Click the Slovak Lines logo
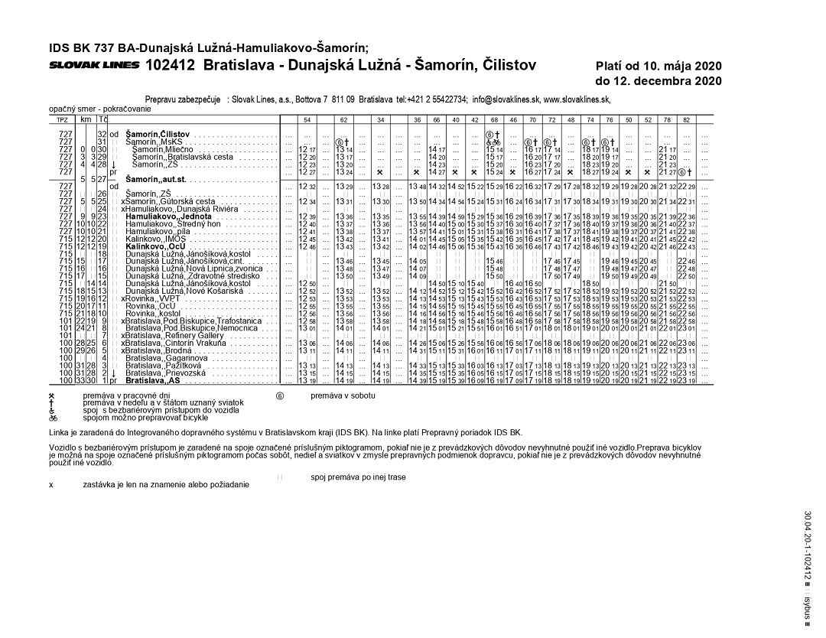click(94, 65)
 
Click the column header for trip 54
click(307, 120)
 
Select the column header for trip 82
click(686, 120)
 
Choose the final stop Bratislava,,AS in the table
click(153, 380)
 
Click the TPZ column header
click(62, 120)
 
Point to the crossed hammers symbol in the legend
click(52, 395)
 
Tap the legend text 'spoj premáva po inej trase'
click(359, 477)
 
